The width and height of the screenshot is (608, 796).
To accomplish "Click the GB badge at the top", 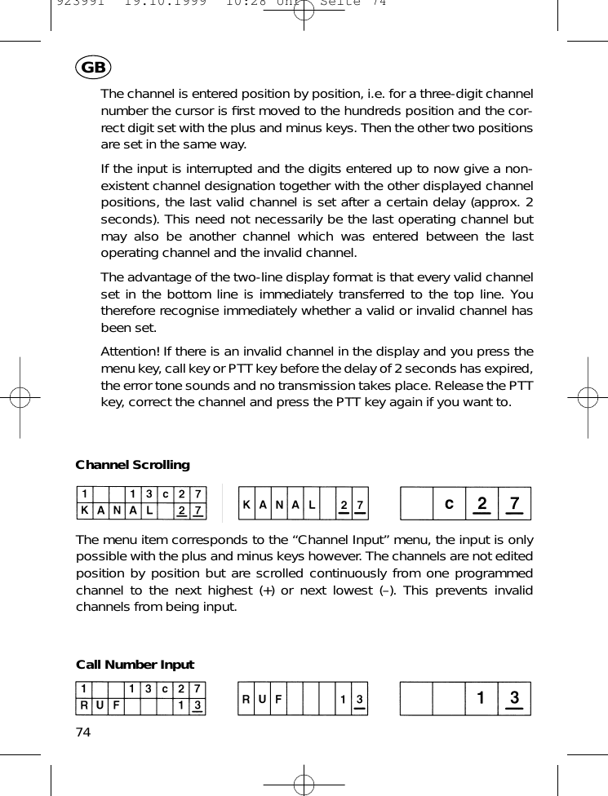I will click(92, 68).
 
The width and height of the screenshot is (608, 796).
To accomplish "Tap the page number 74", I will click(83, 731).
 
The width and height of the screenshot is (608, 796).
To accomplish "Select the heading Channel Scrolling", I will click(132, 465).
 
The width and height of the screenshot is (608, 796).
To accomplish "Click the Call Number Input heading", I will click(135, 665).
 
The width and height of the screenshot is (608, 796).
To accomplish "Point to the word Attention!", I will click(130, 352).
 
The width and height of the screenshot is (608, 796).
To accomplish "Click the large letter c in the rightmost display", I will click(448, 504).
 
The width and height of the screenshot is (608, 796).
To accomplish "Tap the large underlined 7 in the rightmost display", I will click(513, 503).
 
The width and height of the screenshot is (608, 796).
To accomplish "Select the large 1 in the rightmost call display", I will click(481, 699).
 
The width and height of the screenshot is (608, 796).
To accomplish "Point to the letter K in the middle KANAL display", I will click(246, 505).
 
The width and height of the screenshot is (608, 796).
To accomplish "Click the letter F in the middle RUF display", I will click(279, 700).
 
